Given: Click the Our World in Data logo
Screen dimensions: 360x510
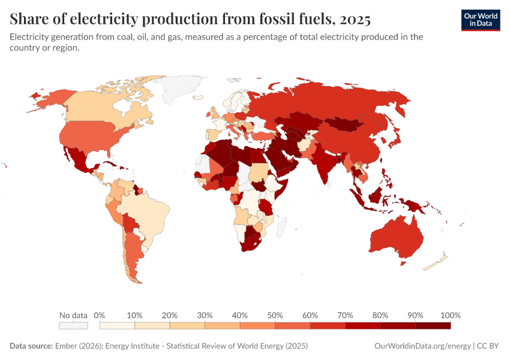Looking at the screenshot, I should [480, 20].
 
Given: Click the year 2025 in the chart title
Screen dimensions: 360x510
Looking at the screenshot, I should [355, 19].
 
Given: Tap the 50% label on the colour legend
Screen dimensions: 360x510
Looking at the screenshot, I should [275, 315].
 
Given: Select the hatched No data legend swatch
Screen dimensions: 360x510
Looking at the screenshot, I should [73, 325].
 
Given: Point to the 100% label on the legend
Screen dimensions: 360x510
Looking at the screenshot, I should [450, 315].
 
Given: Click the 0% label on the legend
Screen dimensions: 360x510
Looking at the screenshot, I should [100, 315].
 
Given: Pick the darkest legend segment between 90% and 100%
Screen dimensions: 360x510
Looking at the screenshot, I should [433, 325].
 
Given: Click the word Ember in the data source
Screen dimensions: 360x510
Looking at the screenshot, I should [67, 346].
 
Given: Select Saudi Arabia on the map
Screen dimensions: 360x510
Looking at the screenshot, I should [278, 159].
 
